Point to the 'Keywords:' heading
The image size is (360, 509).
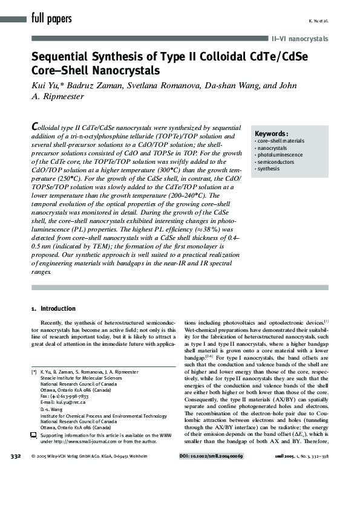tap(271, 134)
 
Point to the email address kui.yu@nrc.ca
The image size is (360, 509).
tap(66, 401)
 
